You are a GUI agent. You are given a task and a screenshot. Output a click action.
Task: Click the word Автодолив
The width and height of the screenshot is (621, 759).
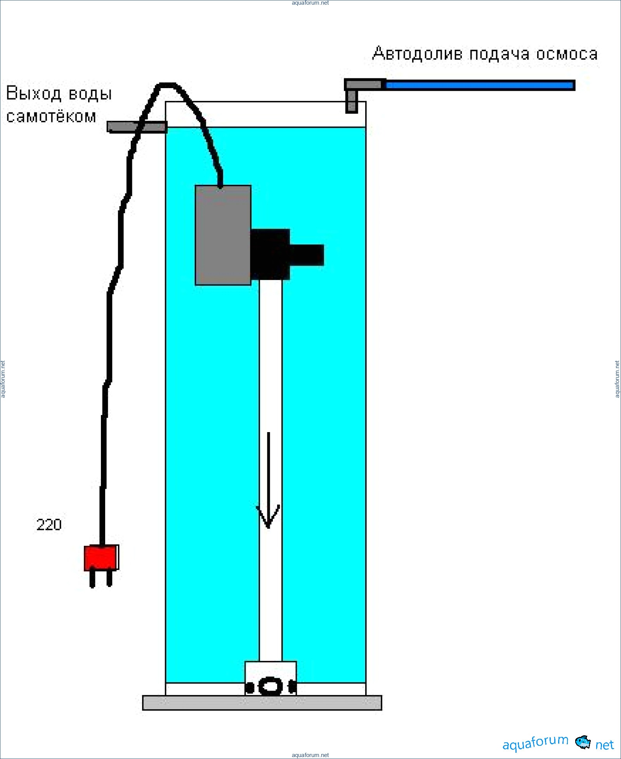[417, 54]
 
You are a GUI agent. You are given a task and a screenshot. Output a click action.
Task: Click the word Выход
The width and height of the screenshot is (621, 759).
[34, 94]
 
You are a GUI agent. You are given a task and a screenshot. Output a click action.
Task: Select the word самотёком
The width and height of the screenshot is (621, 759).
[51, 116]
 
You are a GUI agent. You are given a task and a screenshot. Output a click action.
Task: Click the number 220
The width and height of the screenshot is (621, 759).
[49, 525]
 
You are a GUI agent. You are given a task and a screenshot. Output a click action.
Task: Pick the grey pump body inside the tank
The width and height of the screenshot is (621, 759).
[223, 235]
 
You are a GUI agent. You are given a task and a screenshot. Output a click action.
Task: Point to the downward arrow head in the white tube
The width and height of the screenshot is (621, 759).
[268, 518]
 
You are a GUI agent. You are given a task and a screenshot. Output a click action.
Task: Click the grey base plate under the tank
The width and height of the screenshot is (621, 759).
[262, 703]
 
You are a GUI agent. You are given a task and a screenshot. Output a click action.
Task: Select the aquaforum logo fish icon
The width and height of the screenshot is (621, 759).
[583, 742]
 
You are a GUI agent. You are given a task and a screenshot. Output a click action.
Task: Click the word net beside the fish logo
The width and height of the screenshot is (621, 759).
[604, 745]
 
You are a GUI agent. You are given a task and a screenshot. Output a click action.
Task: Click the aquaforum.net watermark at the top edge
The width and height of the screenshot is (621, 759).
[310, 3]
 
